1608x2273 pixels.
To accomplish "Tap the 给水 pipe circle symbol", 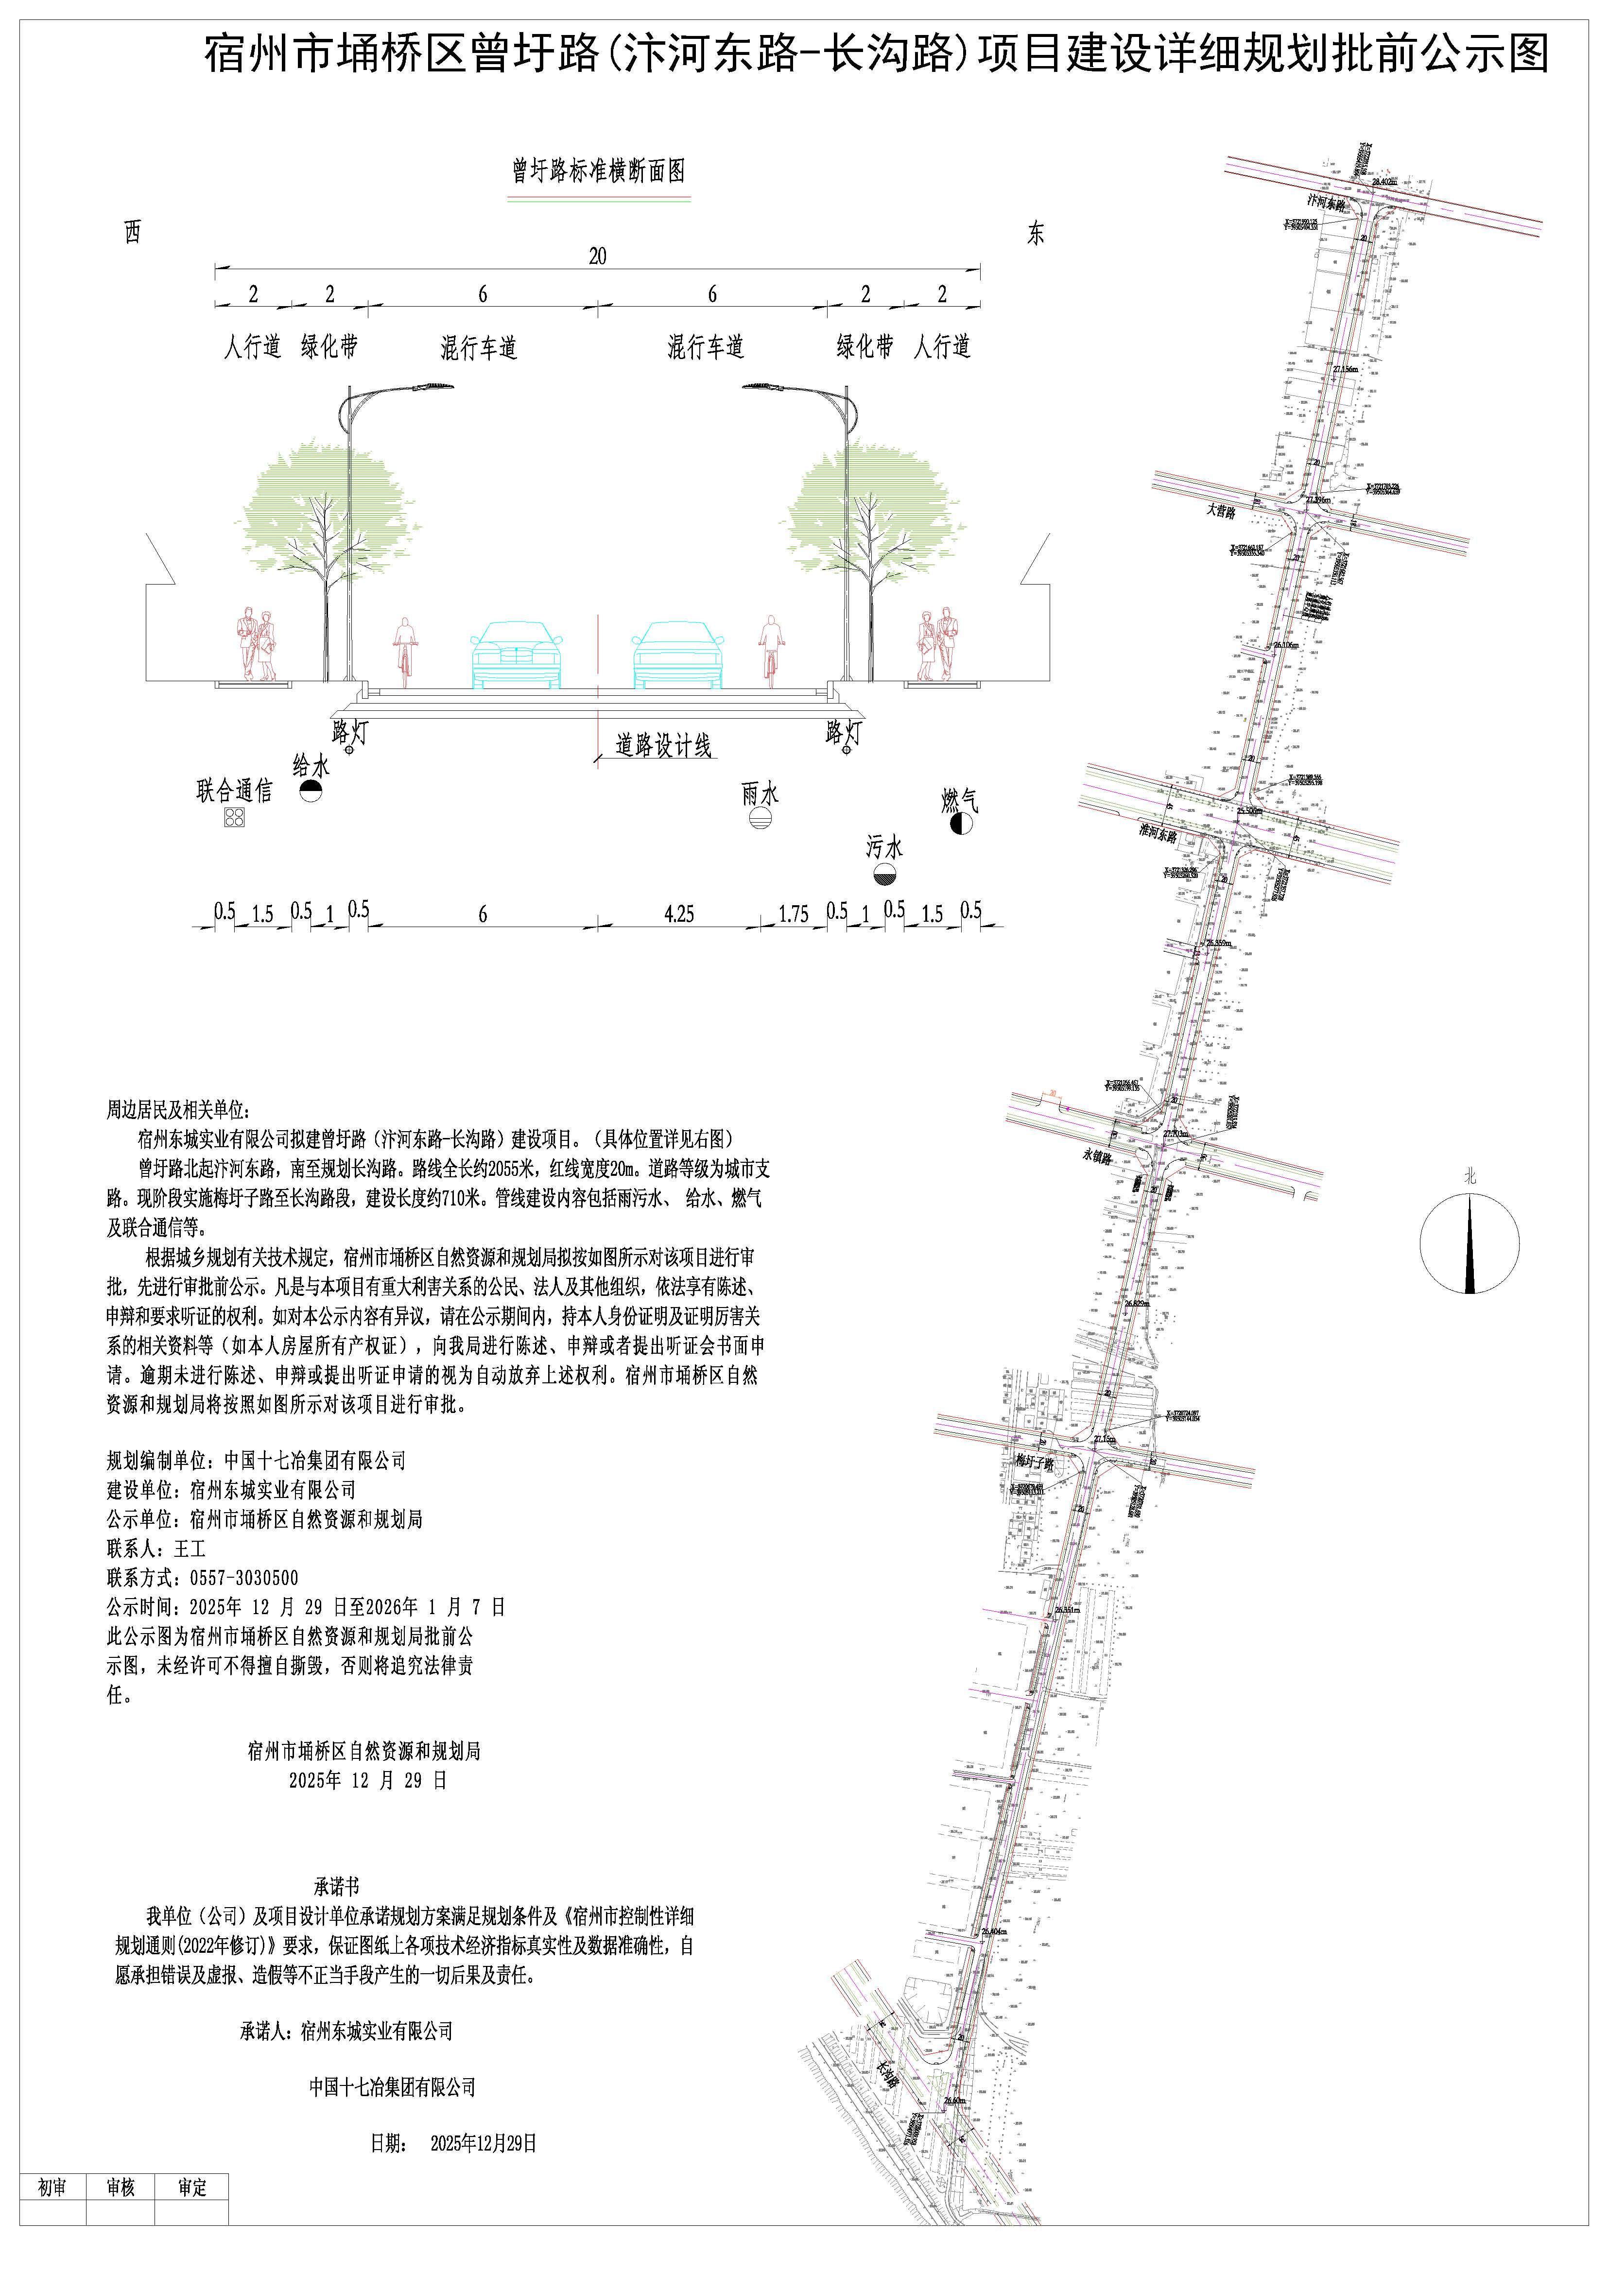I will pyautogui.click(x=311, y=790).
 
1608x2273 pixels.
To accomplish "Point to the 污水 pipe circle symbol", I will pyautogui.click(x=884, y=874).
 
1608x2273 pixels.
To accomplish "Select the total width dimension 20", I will pyautogui.click(x=597, y=257).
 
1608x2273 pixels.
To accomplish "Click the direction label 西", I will pyautogui.click(x=133, y=233).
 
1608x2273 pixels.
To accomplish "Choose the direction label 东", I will pyautogui.click(x=1036, y=235).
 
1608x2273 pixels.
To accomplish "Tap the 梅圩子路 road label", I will pyautogui.click(x=1035, y=1461).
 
